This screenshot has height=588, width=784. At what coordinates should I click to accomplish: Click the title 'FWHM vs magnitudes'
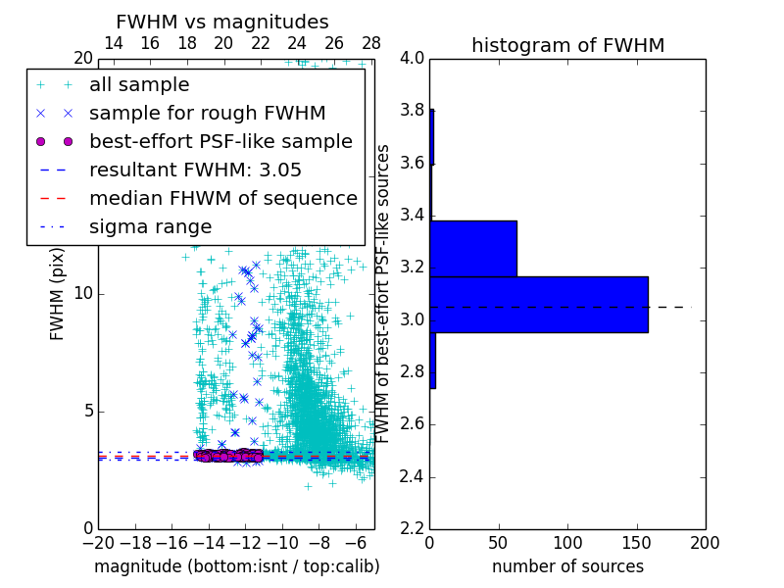click(222, 22)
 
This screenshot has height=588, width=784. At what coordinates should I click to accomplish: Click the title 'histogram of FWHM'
click(567, 45)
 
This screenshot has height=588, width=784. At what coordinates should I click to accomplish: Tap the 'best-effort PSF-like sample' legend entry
click(220, 142)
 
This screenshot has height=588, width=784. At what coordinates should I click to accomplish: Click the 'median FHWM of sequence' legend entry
click(222, 199)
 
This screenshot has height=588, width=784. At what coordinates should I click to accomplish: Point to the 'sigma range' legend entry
click(150, 227)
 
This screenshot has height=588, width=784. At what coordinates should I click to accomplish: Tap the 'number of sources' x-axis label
click(567, 566)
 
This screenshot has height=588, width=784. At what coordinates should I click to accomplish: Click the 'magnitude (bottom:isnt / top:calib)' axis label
click(236, 566)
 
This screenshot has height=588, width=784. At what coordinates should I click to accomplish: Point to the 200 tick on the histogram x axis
click(705, 543)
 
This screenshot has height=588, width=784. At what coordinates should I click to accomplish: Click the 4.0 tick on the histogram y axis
click(412, 58)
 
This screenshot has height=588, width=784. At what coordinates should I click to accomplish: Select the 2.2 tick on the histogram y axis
click(412, 529)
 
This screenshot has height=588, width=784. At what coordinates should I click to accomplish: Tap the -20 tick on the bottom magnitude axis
click(98, 543)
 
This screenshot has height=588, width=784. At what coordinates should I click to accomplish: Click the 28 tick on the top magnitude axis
click(370, 43)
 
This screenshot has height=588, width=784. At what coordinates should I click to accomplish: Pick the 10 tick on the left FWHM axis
click(82, 293)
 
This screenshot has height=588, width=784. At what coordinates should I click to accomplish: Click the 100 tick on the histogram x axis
click(567, 543)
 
